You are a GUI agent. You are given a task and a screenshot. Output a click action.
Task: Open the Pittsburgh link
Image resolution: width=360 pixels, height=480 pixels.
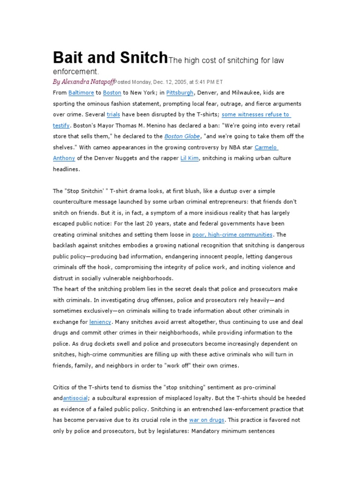click(180, 93)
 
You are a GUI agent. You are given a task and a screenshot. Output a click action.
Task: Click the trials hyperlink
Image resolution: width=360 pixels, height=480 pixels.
click(113, 114)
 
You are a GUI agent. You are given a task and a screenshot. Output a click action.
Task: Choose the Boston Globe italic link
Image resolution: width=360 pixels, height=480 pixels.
click(181, 136)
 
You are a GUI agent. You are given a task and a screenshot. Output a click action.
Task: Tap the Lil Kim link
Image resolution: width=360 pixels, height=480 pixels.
click(189, 158)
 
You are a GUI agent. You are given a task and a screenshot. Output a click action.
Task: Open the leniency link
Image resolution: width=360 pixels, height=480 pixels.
click(100, 322)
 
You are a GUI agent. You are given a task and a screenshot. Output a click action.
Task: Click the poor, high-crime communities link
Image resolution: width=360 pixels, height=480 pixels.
click(232, 235)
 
